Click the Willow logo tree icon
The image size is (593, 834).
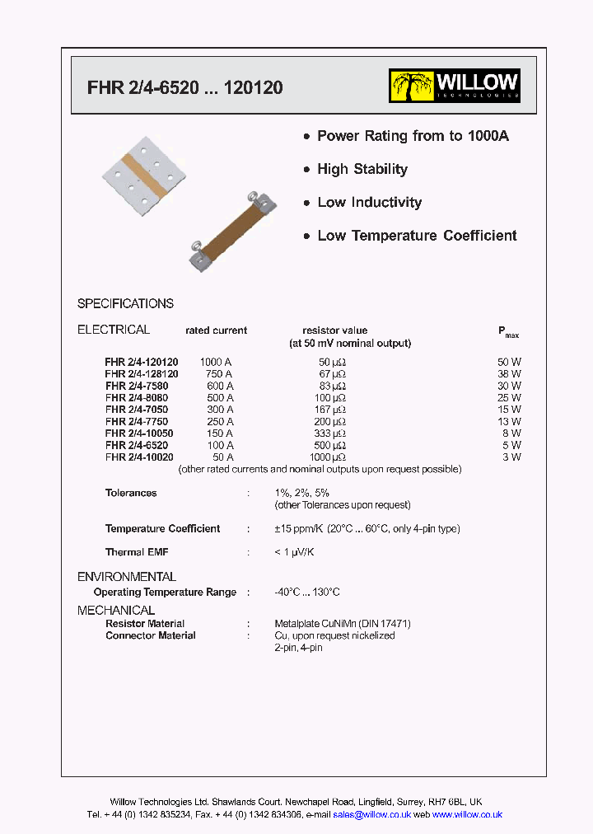pyautogui.click(x=412, y=86)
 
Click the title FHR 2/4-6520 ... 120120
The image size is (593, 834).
pyautogui.click(x=184, y=87)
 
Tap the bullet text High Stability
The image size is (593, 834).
pyautogui.click(x=362, y=169)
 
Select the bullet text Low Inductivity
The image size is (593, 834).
pyautogui.click(x=369, y=202)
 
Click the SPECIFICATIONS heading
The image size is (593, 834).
pyautogui.click(x=125, y=303)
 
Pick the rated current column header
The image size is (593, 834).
pyautogui.click(x=216, y=330)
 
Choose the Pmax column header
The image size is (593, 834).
pyautogui.click(x=508, y=331)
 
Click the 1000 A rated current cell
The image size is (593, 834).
pyautogui.click(x=216, y=362)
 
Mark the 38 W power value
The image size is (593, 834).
pyautogui.click(x=510, y=373)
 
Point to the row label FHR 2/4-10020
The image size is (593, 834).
pyautogui.click(x=139, y=457)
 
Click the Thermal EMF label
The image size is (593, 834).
pyautogui.click(x=137, y=552)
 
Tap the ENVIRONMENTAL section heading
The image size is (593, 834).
pyautogui.click(x=127, y=577)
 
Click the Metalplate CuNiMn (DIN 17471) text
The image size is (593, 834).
pyautogui.click(x=342, y=624)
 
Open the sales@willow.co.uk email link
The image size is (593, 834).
pyautogui.click(x=371, y=814)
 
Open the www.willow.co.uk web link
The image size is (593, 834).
pyautogui.click(x=467, y=814)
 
